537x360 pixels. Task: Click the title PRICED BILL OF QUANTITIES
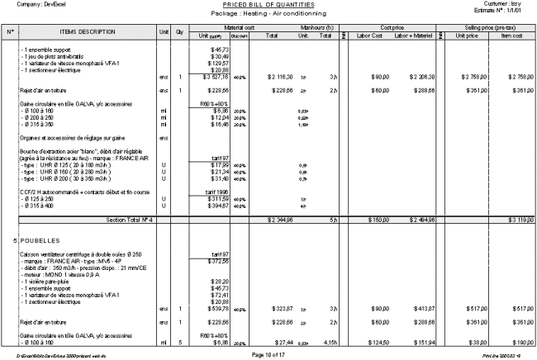(268, 5)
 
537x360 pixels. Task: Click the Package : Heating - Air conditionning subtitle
(268, 14)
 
